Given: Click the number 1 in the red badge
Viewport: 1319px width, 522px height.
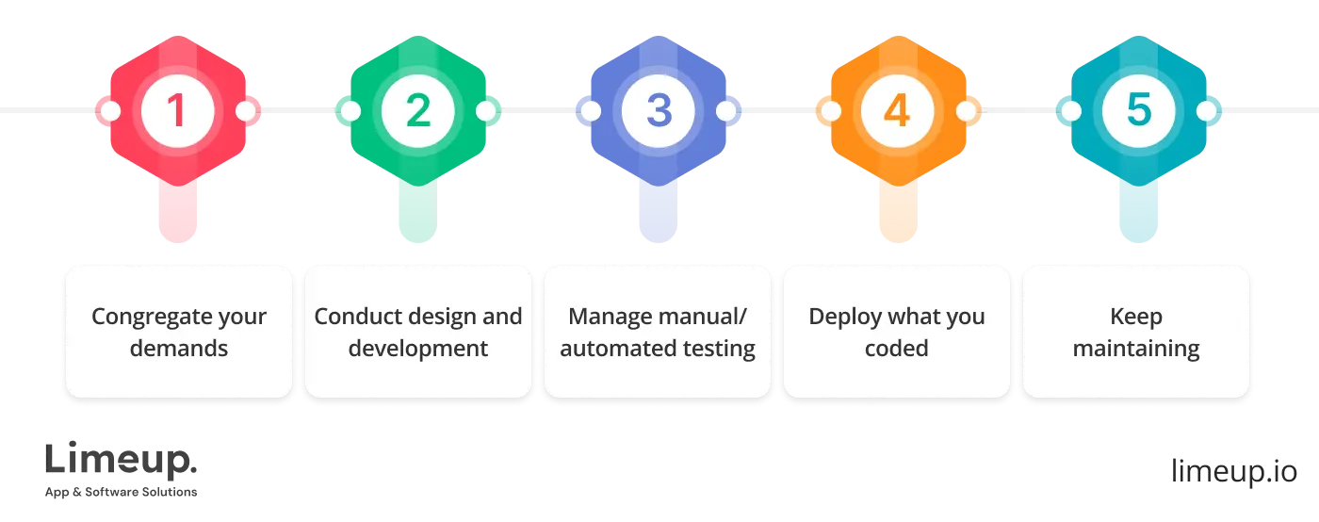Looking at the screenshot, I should point(177,111).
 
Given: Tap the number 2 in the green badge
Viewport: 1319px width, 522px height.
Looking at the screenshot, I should point(417,111).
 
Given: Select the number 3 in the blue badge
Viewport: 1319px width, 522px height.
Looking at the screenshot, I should point(658,111).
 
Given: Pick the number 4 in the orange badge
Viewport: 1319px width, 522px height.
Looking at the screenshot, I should point(897,111).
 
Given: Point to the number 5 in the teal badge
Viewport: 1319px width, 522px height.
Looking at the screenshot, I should point(1138,111).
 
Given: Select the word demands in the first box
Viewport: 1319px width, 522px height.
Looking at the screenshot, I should point(179,349).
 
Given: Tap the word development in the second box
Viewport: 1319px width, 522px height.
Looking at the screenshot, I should point(417,349).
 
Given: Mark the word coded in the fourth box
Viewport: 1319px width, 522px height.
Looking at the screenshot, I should point(897,349).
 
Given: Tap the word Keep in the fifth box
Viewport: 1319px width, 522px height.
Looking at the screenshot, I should point(1136,317).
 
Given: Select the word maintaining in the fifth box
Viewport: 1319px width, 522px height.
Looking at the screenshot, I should point(1136,349).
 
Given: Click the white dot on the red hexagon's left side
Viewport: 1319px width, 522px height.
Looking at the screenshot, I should point(110,111).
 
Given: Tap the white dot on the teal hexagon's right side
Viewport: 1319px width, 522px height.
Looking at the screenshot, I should point(1206,111).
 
